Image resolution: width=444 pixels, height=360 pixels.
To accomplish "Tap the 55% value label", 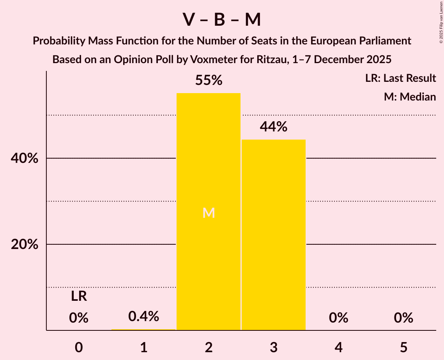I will (209, 80).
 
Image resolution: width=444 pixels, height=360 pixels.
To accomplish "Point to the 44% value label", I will (274, 127).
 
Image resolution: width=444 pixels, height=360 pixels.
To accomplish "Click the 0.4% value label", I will (143, 316).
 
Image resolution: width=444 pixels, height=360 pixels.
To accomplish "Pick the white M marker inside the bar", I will (209, 213).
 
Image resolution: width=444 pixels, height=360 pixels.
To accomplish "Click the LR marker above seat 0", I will (79, 296).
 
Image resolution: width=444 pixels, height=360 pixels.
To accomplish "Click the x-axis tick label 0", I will (79, 347).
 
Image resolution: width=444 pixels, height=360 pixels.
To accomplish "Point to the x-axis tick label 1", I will (143, 347).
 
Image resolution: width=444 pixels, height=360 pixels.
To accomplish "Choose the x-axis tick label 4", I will (338, 347).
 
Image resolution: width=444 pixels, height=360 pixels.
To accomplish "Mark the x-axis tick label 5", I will (403, 347).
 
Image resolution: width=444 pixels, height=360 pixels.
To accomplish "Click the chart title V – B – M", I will (222, 20).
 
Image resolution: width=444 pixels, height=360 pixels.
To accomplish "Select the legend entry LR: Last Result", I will (400, 78).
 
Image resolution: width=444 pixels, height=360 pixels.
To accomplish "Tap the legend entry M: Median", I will (410, 97).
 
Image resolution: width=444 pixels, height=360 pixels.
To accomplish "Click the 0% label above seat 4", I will (338, 318).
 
